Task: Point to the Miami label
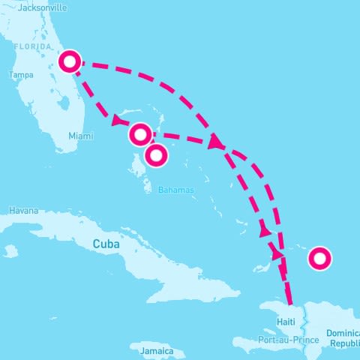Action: point(80,136)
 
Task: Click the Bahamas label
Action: point(175,190)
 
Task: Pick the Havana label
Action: point(23,211)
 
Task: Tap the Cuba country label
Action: point(107,244)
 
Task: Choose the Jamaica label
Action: point(157,351)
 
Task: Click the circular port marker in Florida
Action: point(70,61)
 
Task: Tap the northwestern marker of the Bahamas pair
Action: point(139,134)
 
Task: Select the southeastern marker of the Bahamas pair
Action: point(156,155)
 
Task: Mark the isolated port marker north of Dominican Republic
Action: point(319,259)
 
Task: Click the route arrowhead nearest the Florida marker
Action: point(118,121)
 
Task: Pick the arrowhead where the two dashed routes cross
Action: point(217,142)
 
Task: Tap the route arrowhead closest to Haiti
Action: point(278,254)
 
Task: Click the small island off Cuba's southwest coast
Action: point(10,251)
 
